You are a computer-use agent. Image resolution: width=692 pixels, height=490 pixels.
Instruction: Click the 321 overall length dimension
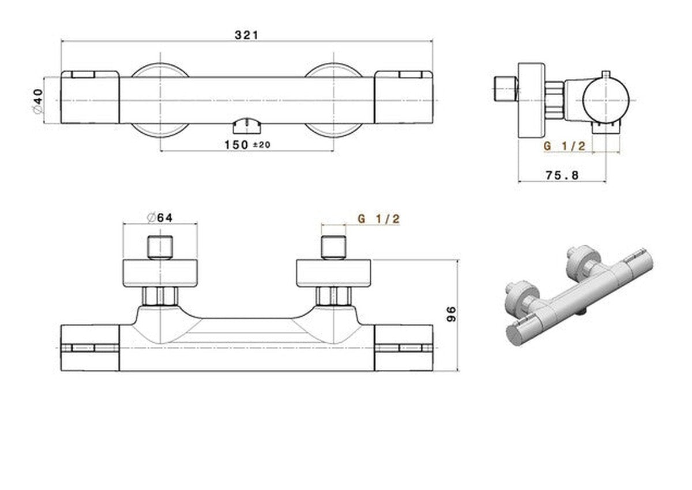click(x=246, y=35)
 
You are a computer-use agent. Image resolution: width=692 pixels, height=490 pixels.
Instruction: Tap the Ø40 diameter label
click(x=38, y=101)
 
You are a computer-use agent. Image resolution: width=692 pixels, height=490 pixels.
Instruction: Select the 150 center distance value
click(x=236, y=145)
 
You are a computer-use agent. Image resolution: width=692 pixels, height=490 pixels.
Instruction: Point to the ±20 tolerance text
click(x=262, y=145)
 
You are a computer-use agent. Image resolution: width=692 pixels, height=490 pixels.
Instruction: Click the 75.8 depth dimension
click(x=562, y=175)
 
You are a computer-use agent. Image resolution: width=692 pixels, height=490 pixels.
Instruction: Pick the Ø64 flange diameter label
click(x=160, y=218)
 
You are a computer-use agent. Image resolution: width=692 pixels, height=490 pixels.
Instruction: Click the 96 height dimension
click(x=452, y=314)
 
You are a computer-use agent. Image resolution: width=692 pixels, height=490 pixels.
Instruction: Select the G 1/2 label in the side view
click(x=564, y=146)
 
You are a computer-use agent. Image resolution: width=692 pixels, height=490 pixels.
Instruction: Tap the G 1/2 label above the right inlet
click(x=379, y=219)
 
